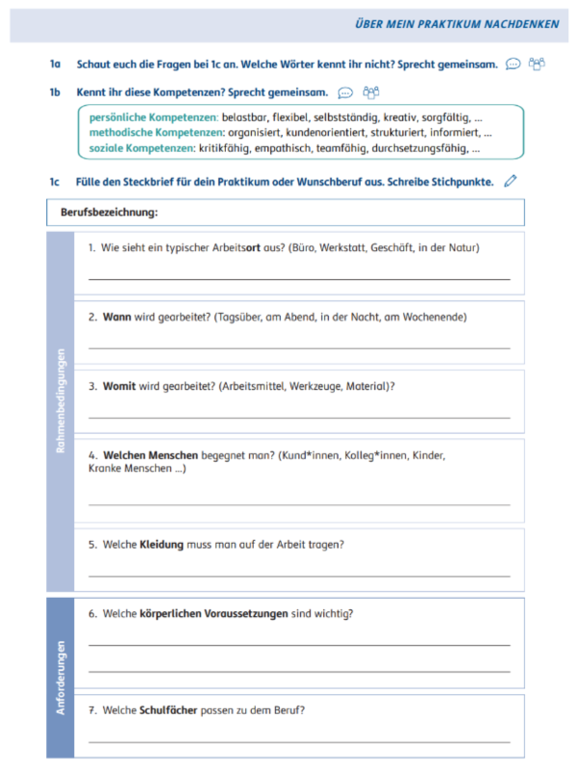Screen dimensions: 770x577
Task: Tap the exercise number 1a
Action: click(x=56, y=64)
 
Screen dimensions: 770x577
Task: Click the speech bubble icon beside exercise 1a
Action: click(x=513, y=64)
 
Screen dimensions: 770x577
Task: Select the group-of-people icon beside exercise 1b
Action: click(x=370, y=92)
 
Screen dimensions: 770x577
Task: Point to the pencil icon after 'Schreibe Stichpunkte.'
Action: click(x=510, y=180)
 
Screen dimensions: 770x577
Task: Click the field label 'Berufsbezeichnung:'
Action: click(x=109, y=212)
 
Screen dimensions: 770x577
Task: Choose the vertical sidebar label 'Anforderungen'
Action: click(x=61, y=678)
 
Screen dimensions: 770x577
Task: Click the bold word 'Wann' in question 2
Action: click(x=116, y=317)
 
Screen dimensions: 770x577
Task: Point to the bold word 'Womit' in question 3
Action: click(x=119, y=386)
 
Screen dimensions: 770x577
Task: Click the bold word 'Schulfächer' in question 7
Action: click(x=168, y=710)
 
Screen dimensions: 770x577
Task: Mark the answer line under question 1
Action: click(x=299, y=279)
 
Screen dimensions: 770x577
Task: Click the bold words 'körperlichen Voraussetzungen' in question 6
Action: click(x=213, y=613)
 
